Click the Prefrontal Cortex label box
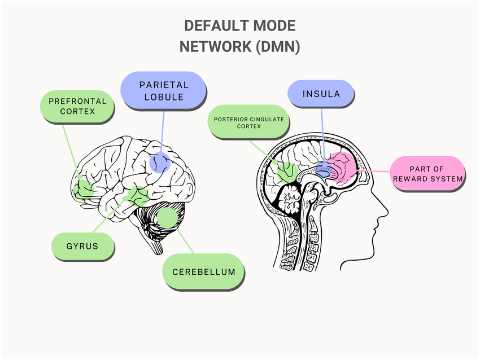point(77,107)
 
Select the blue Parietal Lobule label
point(163,90)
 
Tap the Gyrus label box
point(82,246)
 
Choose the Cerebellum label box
point(203,271)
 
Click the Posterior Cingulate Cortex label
point(249,122)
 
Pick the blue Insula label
point(321,94)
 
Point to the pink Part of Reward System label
point(428,173)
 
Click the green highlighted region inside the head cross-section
point(286,172)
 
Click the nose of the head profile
point(387,212)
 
